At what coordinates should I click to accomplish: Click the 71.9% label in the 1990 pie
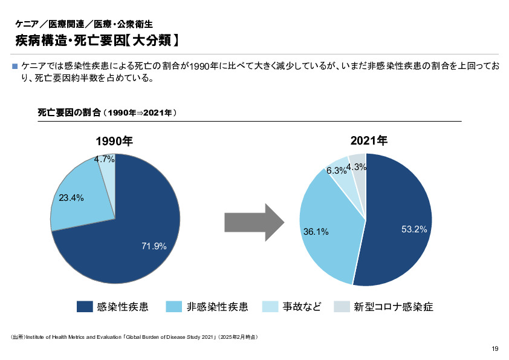click(154, 246)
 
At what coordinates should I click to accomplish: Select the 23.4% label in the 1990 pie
click(71, 198)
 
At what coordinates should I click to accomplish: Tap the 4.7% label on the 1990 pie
click(104, 160)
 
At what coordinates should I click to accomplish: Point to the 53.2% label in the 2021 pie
click(414, 229)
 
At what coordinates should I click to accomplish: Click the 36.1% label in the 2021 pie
click(316, 231)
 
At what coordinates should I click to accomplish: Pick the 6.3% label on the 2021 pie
click(336, 171)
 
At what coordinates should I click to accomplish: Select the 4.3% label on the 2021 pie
click(357, 167)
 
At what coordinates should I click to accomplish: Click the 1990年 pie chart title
click(114, 141)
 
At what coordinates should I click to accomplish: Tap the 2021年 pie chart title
click(369, 141)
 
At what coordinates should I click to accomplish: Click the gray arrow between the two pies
click(254, 222)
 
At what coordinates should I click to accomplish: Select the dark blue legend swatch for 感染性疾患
click(85, 307)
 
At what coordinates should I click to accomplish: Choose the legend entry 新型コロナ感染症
click(394, 307)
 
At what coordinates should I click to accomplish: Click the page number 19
click(494, 348)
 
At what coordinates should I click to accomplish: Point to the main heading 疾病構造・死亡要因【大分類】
click(97, 41)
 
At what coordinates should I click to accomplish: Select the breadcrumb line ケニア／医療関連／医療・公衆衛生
click(84, 25)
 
